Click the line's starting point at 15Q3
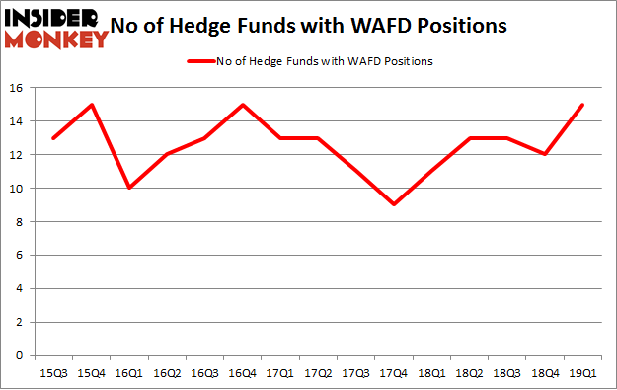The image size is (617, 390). pyautogui.click(x=53, y=138)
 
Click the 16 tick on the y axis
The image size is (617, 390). pyautogui.click(x=20, y=88)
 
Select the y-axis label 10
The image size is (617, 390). pyautogui.click(x=20, y=188)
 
